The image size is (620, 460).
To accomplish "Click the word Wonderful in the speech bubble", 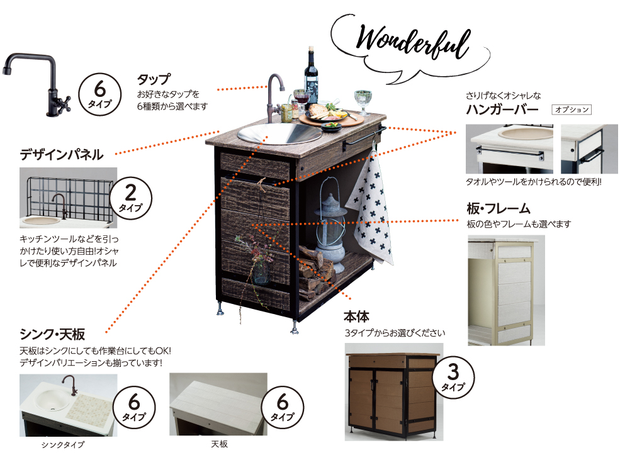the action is [x=413, y=42].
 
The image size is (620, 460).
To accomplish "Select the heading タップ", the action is [x=154, y=79].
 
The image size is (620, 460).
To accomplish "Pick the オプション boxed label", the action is [x=572, y=109].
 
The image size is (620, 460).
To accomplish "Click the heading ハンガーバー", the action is [x=502, y=109].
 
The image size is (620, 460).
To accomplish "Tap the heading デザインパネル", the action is [x=62, y=155].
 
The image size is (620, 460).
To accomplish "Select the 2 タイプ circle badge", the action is [x=130, y=198].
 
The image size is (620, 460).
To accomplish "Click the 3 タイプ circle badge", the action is [x=453, y=377].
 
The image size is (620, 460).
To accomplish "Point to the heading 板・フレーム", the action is [x=499, y=208].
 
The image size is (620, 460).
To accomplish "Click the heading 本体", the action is [x=356, y=317].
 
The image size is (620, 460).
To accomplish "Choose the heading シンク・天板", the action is [x=53, y=334].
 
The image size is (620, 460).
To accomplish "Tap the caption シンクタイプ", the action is [x=63, y=445].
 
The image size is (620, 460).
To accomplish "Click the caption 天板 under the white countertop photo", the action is [x=219, y=444].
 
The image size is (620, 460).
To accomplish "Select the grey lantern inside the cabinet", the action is [x=331, y=225].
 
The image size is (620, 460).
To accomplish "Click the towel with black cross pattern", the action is [x=371, y=210].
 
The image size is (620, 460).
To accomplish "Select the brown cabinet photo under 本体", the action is [x=394, y=392].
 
